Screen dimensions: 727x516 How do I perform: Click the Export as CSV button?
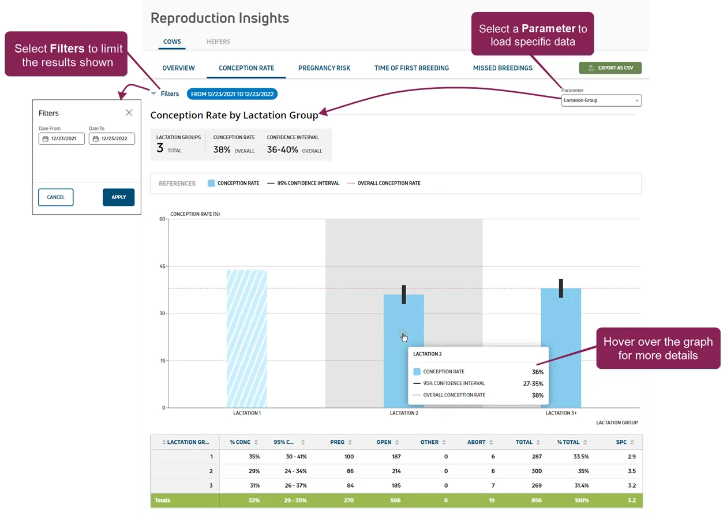pos(610,68)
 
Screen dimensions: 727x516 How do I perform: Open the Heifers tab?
pos(219,42)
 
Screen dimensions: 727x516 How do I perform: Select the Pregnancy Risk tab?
pos(324,68)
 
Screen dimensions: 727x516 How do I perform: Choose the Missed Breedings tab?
pos(503,68)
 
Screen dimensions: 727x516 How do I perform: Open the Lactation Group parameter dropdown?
pos(601,100)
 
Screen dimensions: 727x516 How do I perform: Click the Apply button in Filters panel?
pos(118,197)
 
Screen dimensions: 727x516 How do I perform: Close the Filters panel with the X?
pos(129,113)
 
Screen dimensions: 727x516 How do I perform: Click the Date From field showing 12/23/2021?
pos(61,139)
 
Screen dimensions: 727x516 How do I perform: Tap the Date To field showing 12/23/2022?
pos(112,139)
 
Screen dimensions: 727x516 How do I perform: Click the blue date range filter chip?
pos(232,94)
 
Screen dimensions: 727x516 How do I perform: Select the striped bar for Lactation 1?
pos(247,338)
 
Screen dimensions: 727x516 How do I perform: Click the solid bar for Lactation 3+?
pos(561,348)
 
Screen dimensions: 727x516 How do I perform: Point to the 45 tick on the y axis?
pos(162,266)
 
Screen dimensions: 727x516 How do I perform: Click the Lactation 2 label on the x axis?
pos(404,413)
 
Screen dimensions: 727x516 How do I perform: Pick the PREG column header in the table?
pos(337,442)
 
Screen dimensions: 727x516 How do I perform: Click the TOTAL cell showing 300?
pos(537,471)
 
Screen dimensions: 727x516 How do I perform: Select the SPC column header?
pos(621,442)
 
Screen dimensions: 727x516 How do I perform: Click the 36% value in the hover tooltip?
pos(538,372)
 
